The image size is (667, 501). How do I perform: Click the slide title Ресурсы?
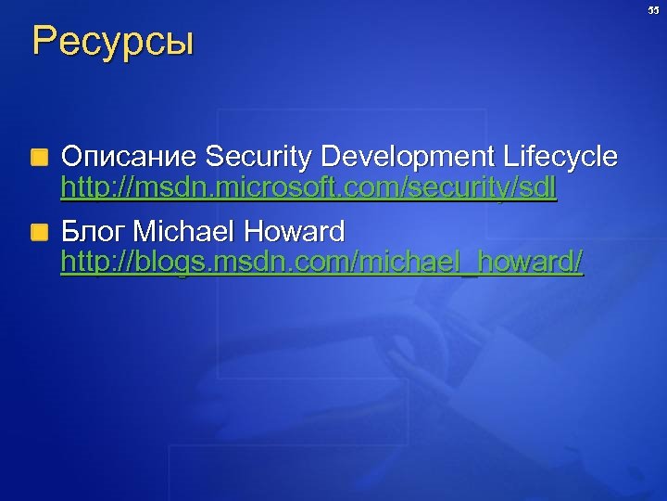tap(113, 43)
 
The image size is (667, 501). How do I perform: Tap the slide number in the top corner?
tap(652, 10)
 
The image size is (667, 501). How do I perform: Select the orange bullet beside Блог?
tap(39, 232)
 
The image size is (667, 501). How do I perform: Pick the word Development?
tap(407, 157)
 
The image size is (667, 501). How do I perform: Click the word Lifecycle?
tap(559, 157)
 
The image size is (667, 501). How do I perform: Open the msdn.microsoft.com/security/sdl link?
tap(308, 188)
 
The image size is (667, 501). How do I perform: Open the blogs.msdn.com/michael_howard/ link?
tap(321, 263)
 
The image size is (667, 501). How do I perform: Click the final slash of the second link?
tap(578, 263)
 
